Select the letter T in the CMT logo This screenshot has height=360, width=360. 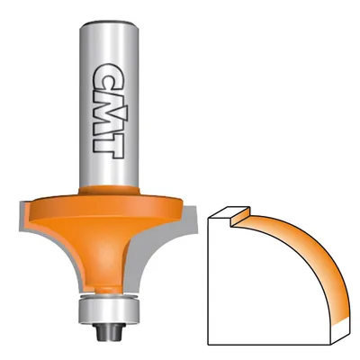108,145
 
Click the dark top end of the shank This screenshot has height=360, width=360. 109,22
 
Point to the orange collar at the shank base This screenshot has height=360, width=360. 109,190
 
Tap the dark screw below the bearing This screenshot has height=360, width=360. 109,332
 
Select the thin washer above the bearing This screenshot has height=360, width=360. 109,296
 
